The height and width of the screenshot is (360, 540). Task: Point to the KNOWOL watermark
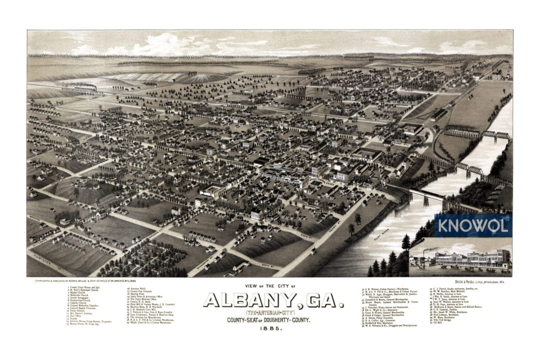click(473, 225)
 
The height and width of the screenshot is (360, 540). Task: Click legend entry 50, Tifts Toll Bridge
click(443, 320)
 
